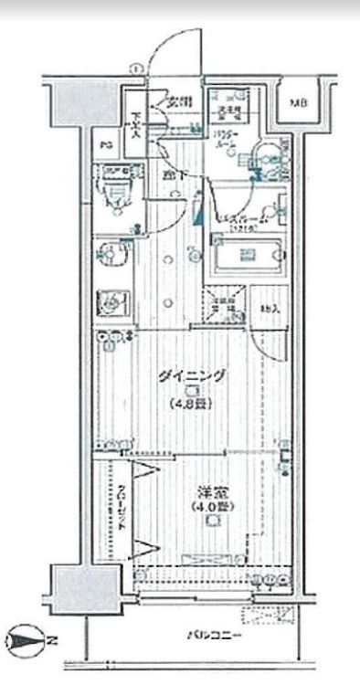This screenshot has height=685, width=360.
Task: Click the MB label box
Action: (299, 103)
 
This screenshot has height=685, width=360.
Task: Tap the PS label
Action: (106, 144)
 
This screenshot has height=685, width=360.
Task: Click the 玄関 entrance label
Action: (180, 102)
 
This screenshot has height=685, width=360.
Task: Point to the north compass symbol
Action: (25, 639)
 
